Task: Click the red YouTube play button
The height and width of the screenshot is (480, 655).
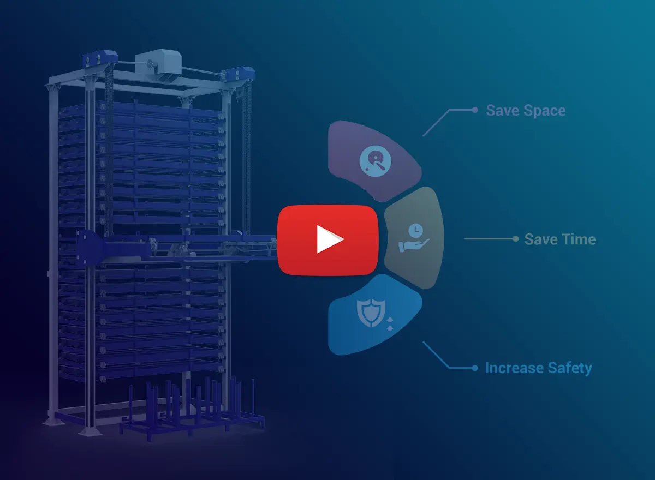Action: point(328,240)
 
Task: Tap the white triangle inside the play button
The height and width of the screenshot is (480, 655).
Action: point(329,239)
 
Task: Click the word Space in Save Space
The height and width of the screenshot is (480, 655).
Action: point(545,110)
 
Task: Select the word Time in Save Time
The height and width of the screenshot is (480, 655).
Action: point(579,239)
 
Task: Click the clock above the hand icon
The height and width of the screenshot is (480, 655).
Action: point(415,230)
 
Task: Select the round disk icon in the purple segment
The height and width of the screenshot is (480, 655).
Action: point(375,161)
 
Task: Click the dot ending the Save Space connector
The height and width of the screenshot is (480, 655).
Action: point(475,110)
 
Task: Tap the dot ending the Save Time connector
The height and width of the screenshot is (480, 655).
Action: point(515,239)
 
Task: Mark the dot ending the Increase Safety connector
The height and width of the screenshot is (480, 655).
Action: point(475,368)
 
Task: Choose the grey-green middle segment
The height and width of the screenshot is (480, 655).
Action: point(415,238)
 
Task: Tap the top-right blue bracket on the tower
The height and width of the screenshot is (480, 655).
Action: point(238,75)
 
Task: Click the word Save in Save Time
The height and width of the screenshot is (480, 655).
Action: point(541,239)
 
